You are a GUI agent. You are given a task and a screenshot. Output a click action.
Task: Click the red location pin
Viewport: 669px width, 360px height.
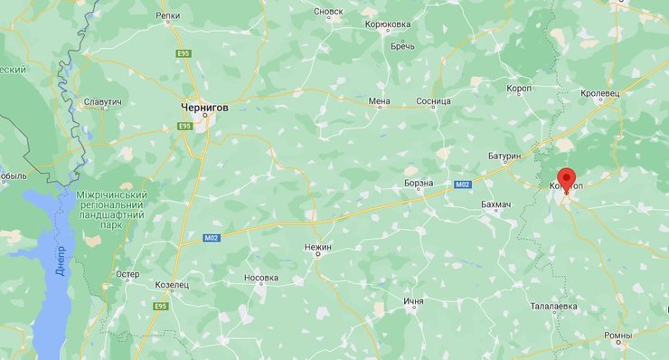[x=567, y=179]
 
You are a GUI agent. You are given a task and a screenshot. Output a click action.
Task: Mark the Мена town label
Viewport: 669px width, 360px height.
[x=380, y=101]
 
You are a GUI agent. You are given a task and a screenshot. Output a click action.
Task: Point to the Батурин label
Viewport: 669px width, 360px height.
[x=504, y=156]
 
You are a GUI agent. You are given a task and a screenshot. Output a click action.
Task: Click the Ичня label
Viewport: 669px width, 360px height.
[x=414, y=301]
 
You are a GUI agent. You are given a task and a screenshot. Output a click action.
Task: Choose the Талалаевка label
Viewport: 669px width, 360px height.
[x=553, y=307]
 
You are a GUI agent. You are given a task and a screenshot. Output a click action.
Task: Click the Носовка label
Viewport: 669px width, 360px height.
[x=261, y=279]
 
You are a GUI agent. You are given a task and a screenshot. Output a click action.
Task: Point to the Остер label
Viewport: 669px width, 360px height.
[x=127, y=274]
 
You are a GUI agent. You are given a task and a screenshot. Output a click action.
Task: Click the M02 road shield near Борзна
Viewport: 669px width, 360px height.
[x=463, y=185]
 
